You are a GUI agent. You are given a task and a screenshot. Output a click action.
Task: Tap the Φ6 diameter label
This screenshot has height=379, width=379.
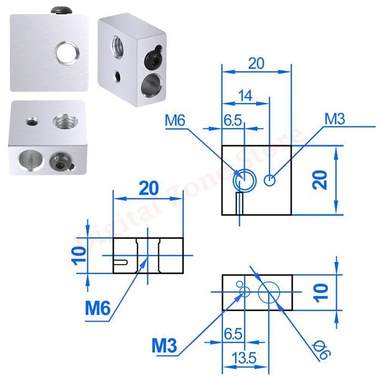click(324, 350)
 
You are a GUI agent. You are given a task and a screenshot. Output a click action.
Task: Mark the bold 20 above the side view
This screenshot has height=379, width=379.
click(148, 188)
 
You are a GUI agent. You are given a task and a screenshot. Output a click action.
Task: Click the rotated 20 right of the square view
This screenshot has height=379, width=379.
click(322, 180)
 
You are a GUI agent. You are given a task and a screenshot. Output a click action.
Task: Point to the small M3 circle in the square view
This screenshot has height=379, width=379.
click(270, 180)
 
